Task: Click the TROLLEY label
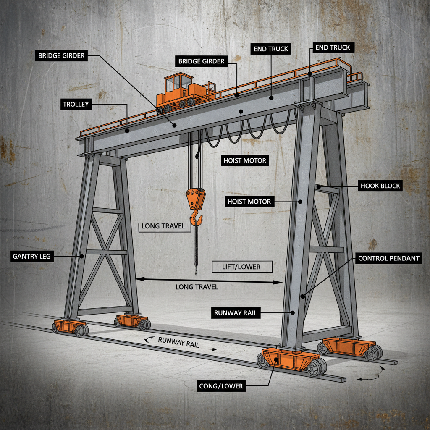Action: pos(76,104)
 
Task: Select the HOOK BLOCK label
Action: pos(380,186)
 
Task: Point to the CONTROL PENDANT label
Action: pos(388,258)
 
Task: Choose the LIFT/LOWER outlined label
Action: pos(242,267)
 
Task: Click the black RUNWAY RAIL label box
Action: pos(235,312)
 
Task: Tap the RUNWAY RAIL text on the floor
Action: pos(178,342)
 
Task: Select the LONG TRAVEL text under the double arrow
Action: pos(197,287)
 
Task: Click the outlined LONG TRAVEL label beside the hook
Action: pos(163,226)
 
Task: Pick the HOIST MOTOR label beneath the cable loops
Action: pos(244,160)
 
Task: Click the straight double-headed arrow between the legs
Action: pos(209,280)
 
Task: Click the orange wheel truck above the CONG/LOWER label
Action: pos(290,361)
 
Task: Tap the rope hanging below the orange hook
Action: pos(196,252)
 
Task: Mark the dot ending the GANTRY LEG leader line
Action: pos(82,255)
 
